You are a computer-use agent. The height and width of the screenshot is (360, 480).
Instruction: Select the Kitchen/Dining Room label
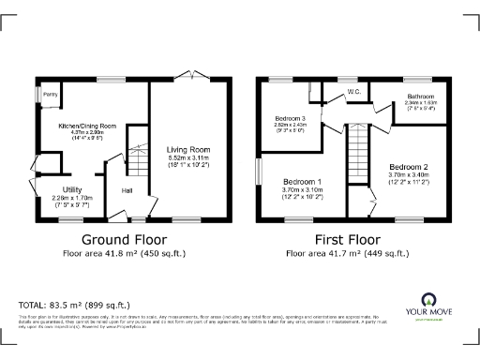click(x=87, y=126)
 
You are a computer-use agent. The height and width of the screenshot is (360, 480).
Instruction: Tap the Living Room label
click(x=188, y=149)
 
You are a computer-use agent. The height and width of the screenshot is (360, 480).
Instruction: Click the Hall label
click(x=126, y=192)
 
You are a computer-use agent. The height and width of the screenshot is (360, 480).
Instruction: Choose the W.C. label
click(x=354, y=92)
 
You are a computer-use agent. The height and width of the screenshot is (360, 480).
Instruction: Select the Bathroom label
click(x=419, y=97)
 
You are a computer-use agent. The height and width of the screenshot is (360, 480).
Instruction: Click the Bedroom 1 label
click(x=302, y=181)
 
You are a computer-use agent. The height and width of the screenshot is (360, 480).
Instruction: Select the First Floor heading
click(x=347, y=238)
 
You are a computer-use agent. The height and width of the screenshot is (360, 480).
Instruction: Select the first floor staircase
click(x=359, y=154)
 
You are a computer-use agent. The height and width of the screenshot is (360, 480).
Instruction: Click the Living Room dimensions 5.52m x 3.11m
click(x=188, y=158)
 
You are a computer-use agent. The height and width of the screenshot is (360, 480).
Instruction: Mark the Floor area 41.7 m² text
click(x=347, y=254)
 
